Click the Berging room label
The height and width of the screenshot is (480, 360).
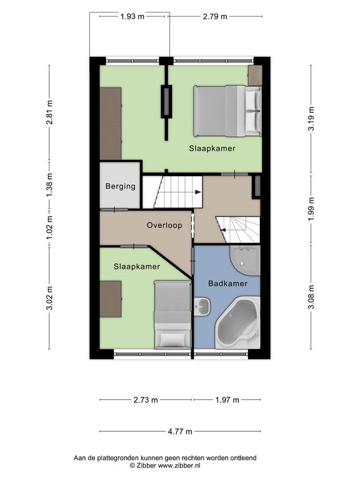[120, 186]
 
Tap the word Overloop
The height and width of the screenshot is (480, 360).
[164, 225]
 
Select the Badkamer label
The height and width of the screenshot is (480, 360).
[227, 284]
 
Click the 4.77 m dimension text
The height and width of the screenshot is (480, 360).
[180, 431]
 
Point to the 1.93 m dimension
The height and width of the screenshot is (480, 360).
[132, 16]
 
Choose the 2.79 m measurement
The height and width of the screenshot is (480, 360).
[215, 16]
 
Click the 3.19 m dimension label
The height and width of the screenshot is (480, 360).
[311, 119]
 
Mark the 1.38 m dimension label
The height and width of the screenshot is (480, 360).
[49, 185]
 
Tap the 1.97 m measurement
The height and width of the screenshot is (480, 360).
[227, 400]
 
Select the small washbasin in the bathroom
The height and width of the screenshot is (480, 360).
[202, 306]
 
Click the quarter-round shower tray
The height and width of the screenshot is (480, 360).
[245, 260]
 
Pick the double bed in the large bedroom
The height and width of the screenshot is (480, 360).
[227, 111]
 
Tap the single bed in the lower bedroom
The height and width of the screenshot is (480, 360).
[172, 315]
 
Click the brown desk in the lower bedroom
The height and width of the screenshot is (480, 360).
[111, 299]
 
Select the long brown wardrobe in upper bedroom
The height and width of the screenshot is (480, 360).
[111, 124]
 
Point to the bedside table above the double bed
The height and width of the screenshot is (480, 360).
[255, 75]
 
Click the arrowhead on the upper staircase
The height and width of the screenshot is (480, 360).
[198, 192]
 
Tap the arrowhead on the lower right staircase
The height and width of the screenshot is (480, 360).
[223, 230]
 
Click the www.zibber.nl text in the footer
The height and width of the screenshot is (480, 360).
[179, 466]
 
